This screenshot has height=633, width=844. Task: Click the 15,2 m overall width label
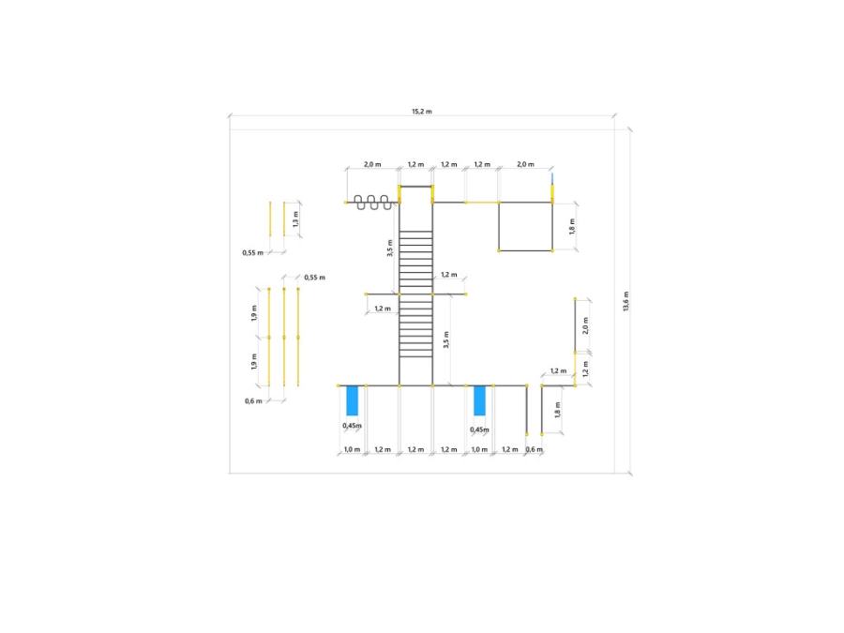pyautogui.click(x=422, y=112)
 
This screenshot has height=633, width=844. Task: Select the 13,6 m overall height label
pyautogui.click(x=626, y=301)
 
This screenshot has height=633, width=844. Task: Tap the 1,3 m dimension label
pyautogui.click(x=295, y=219)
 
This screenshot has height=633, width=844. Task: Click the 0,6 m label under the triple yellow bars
pyautogui.click(x=253, y=401)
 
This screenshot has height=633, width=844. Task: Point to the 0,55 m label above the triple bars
pyautogui.click(x=315, y=278)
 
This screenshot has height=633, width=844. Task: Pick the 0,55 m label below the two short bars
pyautogui.click(x=253, y=252)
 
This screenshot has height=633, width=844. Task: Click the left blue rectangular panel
pyautogui.click(x=352, y=400)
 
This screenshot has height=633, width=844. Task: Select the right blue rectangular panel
pyautogui.click(x=479, y=400)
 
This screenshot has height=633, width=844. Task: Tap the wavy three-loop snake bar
pyautogui.click(x=372, y=203)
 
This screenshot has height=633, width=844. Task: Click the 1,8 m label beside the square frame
pyautogui.click(x=572, y=227)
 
